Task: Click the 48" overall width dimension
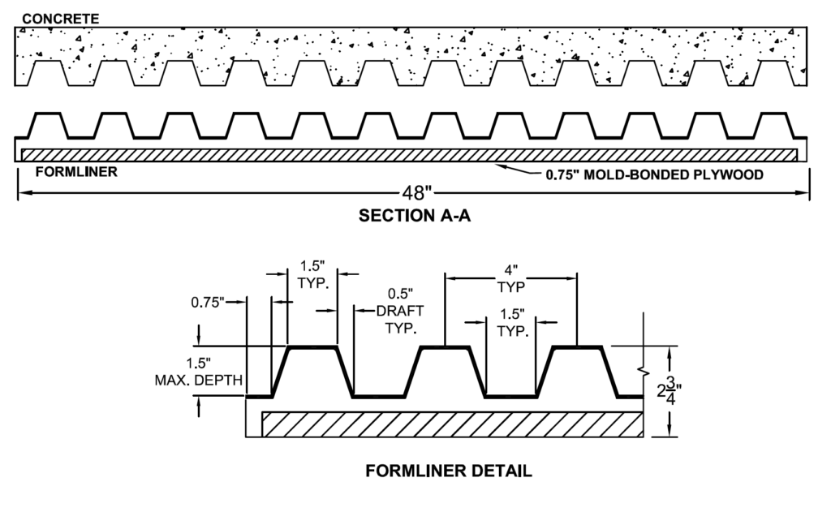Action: pos(415,193)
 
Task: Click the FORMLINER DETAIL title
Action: pos(449,471)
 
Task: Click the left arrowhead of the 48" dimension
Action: pos(21,193)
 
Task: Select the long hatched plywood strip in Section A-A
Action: pos(410,154)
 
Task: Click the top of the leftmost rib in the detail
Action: pos(312,347)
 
